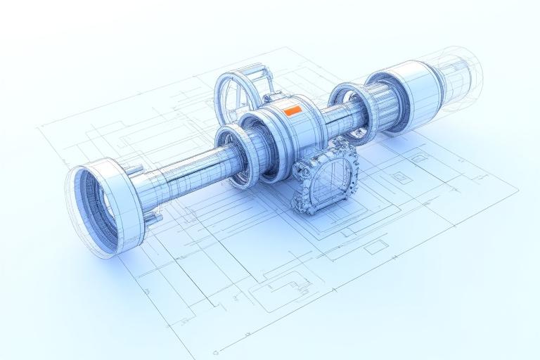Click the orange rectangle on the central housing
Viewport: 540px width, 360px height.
point(292,110)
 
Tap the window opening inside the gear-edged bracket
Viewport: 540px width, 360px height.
point(325,181)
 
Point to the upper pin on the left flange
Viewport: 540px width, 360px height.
point(135,169)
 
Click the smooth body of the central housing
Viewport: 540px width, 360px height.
point(295,130)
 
